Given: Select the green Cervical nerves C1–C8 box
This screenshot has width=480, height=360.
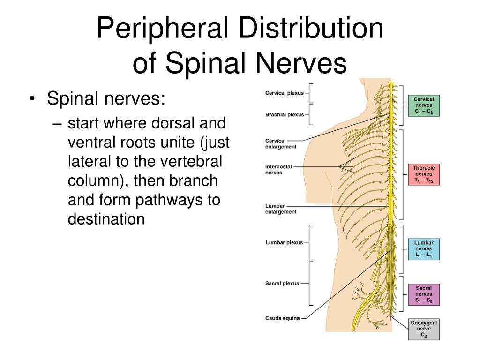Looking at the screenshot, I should point(424,105).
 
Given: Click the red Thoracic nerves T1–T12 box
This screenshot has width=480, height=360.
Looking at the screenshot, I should point(424,174).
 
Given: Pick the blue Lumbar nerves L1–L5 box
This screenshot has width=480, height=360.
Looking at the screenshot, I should point(424,249).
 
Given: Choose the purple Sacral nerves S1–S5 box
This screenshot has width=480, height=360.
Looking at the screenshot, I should point(424,294).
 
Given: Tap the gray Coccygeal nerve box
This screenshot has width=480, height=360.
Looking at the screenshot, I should point(424,329).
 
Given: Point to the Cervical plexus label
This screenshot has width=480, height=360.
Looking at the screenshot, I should point(285,93).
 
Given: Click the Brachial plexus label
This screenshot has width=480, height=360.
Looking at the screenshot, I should point(285,114).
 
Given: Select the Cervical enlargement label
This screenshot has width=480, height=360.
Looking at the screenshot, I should point(281,143).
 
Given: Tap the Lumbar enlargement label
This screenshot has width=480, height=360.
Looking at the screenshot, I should point(281,209).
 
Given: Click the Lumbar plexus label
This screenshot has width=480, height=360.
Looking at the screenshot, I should point(284,243).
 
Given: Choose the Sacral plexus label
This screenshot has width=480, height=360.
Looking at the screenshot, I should point(282,284).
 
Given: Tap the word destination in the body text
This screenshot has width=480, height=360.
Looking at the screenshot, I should point(106,219).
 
